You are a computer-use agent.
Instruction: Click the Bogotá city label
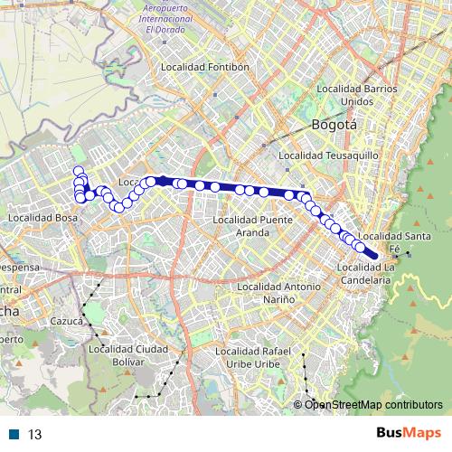click(x=334, y=126)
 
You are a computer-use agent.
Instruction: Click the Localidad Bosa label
click(x=42, y=218)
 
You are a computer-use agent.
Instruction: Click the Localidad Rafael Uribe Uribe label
click(x=251, y=356)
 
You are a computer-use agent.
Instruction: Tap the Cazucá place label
click(x=66, y=320)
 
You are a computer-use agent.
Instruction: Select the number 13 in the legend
click(x=35, y=434)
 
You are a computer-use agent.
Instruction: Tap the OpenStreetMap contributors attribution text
click(x=373, y=404)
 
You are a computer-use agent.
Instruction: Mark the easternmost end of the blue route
click(x=373, y=256)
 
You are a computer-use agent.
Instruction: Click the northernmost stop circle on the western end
click(x=79, y=171)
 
